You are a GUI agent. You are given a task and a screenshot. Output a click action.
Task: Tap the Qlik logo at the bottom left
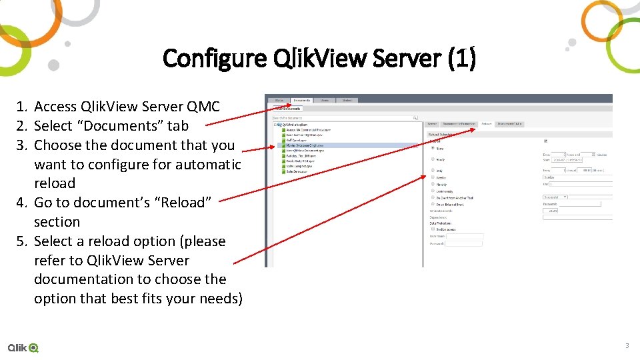pyautogui.click(x=23, y=347)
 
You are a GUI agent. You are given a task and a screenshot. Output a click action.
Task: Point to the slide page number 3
pyautogui.click(x=627, y=346)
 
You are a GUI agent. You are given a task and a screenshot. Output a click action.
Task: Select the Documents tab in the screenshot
pyautogui.click(x=301, y=100)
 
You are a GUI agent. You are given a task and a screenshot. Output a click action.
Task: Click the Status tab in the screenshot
pyautogui.click(x=279, y=100)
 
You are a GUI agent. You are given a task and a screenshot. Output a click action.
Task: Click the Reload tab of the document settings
pyautogui.click(x=487, y=124)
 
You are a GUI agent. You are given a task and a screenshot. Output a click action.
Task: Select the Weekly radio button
pyautogui.click(x=433, y=178)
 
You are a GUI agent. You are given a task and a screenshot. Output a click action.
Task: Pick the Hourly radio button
pyautogui.click(x=433, y=159)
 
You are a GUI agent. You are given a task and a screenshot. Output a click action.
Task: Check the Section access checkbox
pyautogui.click(x=433, y=229)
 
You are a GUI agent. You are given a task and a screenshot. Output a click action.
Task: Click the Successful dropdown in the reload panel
pyautogui.click(x=555, y=197)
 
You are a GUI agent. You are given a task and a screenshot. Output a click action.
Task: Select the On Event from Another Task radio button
pyautogui.click(x=433, y=198)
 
